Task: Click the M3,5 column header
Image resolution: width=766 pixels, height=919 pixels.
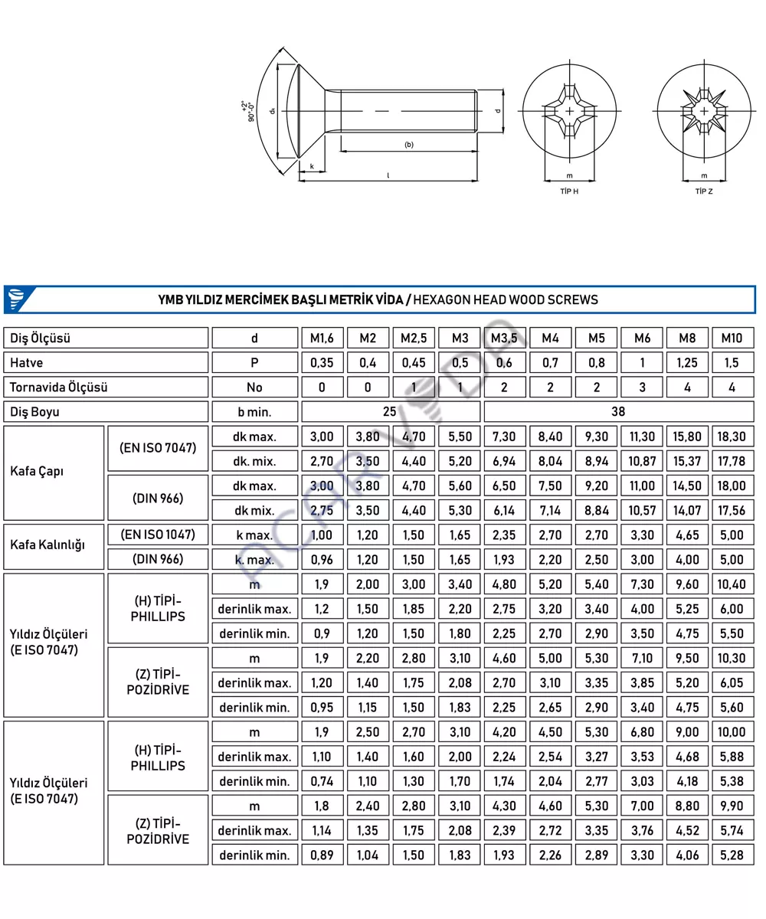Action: tap(505, 338)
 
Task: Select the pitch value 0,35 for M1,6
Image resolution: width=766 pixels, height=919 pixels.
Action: tap(322, 362)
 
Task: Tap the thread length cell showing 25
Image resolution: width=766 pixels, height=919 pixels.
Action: tap(390, 411)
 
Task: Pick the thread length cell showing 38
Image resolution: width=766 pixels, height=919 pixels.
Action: tap(619, 411)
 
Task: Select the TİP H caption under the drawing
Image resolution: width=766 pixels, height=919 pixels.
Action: tap(569, 191)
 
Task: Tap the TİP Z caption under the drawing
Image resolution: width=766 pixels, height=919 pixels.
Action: tap(704, 191)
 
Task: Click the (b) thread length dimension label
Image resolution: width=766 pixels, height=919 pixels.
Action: tap(409, 145)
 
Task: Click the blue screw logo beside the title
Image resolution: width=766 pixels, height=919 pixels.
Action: tap(15, 299)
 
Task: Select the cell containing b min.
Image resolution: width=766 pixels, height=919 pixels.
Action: tap(254, 411)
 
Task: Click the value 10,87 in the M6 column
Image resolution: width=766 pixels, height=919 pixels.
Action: tap(642, 461)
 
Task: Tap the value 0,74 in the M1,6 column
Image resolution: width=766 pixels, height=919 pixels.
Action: tap(322, 782)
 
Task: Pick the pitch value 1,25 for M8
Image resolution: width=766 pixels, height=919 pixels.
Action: tap(687, 362)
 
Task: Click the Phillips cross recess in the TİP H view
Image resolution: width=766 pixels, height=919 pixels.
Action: tap(569, 112)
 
